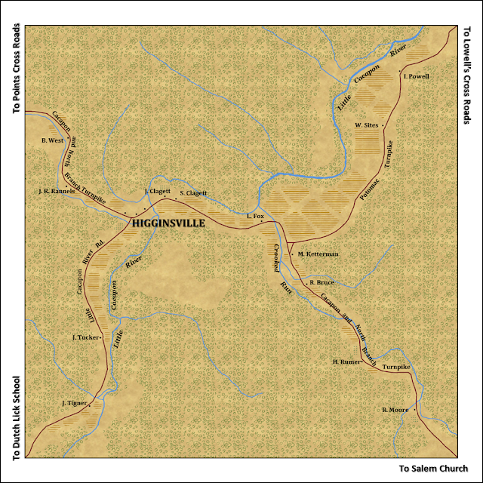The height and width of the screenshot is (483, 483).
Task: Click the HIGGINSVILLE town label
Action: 174,224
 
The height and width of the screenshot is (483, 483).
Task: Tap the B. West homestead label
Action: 53,140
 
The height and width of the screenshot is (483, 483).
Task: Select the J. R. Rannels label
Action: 57,192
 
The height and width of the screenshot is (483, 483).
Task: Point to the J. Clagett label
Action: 157,192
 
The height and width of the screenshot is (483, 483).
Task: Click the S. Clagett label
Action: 193,194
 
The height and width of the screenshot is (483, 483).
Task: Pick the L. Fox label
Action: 255,217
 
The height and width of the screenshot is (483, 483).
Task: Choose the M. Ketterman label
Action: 318,254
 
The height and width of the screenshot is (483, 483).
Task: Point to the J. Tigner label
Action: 75,404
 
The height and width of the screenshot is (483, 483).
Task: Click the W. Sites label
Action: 365,124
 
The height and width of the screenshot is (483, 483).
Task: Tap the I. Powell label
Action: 416,76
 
